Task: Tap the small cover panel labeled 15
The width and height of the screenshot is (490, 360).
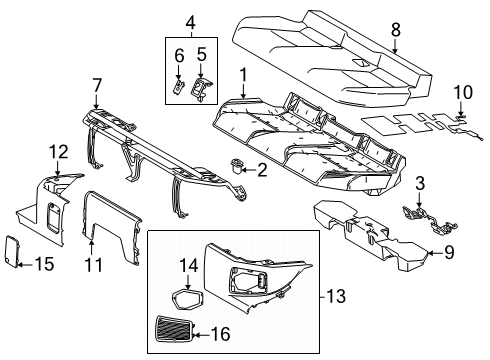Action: [x=32, y=251]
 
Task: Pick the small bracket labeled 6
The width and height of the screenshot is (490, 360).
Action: [x=179, y=84]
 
